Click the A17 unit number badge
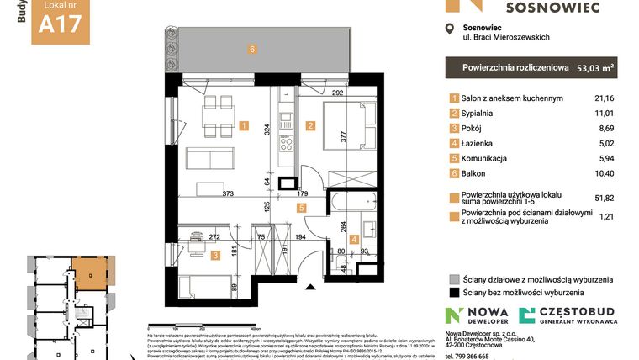point(61,24)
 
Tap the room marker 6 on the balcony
point(251,49)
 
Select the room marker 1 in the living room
point(243,127)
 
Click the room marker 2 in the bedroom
point(310,127)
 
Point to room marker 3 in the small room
point(216,255)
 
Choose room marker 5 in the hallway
point(302,205)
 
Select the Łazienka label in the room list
point(478,144)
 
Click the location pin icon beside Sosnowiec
point(449,29)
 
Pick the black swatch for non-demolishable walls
point(454,292)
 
